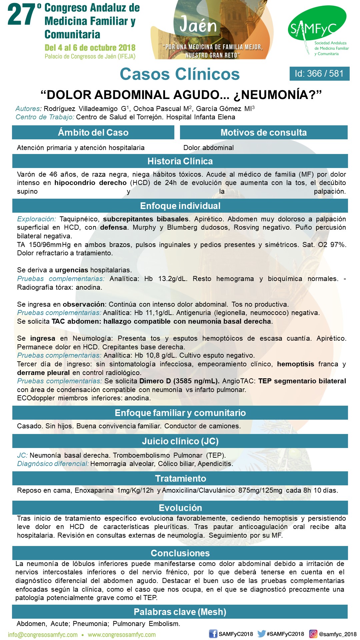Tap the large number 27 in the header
click(x=21, y=15)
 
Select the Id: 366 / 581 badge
click(x=319, y=74)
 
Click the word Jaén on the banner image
click(x=198, y=25)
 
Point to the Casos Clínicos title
click(x=180, y=74)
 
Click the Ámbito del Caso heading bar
click(x=93, y=132)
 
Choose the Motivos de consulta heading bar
click(x=264, y=132)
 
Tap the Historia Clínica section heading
click(x=180, y=161)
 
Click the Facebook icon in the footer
click(x=213, y=634)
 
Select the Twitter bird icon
click(x=261, y=634)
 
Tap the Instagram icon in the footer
click(x=313, y=634)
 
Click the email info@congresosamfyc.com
click(x=43, y=635)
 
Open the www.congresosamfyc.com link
click(x=122, y=635)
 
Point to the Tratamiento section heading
click(x=180, y=478)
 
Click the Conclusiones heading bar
click(x=180, y=553)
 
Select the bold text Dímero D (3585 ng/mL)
click(x=179, y=381)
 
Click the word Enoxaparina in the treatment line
click(x=94, y=490)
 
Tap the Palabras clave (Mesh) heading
click(x=180, y=612)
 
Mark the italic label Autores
click(x=28, y=109)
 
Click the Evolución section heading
click(x=180, y=508)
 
